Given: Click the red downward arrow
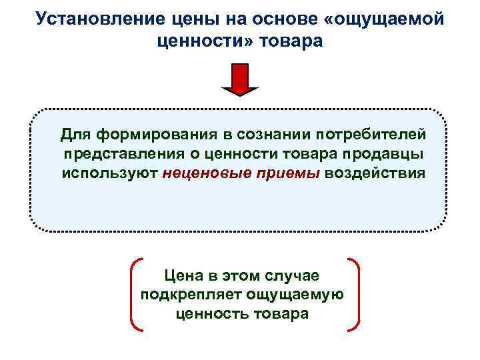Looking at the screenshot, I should [240, 80].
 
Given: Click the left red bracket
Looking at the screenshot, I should [133, 294].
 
